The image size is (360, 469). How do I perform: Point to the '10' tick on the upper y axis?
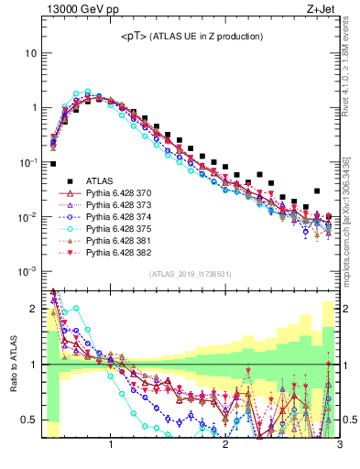coord(30,52)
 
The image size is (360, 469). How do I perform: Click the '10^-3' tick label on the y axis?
coord(27,271)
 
